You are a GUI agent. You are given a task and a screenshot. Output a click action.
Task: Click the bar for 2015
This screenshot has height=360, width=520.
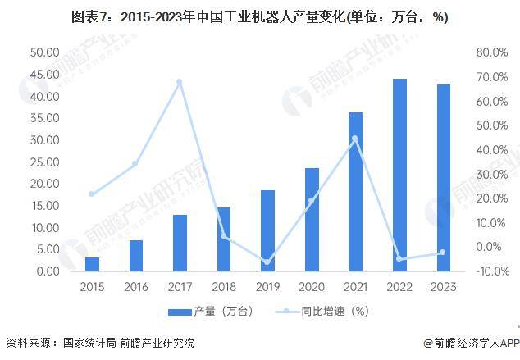(x=93, y=264)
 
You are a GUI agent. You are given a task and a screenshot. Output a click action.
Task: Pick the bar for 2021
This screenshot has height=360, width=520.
(x=355, y=192)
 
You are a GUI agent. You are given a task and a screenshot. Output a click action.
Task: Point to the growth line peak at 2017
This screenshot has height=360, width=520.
(x=180, y=82)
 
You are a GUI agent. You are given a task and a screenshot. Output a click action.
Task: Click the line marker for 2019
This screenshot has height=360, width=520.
(x=267, y=262)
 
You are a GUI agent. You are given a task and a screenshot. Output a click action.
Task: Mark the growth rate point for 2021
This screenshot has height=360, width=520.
(x=355, y=139)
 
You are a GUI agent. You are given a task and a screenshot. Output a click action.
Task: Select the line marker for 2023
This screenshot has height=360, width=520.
(x=443, y=253)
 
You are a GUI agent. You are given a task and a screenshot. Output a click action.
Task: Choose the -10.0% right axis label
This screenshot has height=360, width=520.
(x=490, y=271)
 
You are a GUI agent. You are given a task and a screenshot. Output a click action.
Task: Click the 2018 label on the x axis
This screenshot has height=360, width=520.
(x=224, y=287)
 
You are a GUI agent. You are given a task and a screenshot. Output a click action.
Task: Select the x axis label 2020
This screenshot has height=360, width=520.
(x=312, y=287)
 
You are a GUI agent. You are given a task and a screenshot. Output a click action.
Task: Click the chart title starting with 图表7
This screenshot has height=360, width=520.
(x=259, y=17)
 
